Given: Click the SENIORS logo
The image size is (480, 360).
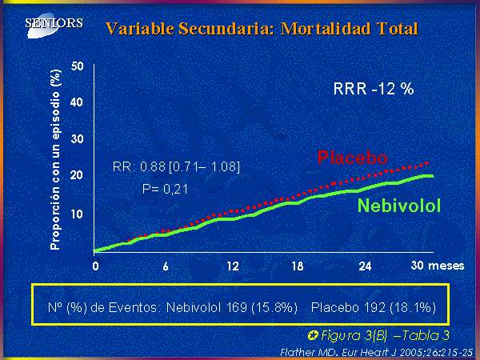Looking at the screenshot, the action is coord(54,24).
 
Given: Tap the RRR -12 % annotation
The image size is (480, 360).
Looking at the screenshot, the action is coord(374,89).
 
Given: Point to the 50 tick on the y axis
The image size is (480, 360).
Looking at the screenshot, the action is coord(77,66).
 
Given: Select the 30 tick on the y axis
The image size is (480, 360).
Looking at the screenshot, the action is coord(77,139).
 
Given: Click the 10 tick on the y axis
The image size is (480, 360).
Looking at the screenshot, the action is coord(77,214).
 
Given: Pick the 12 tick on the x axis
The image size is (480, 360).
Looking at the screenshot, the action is coord(233,266).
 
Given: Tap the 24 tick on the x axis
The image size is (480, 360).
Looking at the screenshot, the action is coord(365,266).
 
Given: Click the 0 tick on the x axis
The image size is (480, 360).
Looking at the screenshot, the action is coord(96,266).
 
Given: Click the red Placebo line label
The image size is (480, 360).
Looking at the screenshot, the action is coord(352,158).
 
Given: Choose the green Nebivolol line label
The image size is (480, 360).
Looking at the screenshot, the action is coord(399,206).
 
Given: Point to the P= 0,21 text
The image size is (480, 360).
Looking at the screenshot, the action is coord(165,189).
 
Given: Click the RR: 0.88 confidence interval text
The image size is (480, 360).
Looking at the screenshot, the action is coord(176,167).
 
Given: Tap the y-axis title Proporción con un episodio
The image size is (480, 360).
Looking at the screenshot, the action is coord(55,159).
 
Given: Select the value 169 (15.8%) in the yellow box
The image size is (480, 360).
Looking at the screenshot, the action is coord(262,307).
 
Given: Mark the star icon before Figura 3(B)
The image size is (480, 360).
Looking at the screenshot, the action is coord(313,336).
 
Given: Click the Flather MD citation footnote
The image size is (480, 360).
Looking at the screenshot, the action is coord(376,352).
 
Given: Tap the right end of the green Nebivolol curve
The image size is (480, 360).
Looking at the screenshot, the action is coord(433,176).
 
